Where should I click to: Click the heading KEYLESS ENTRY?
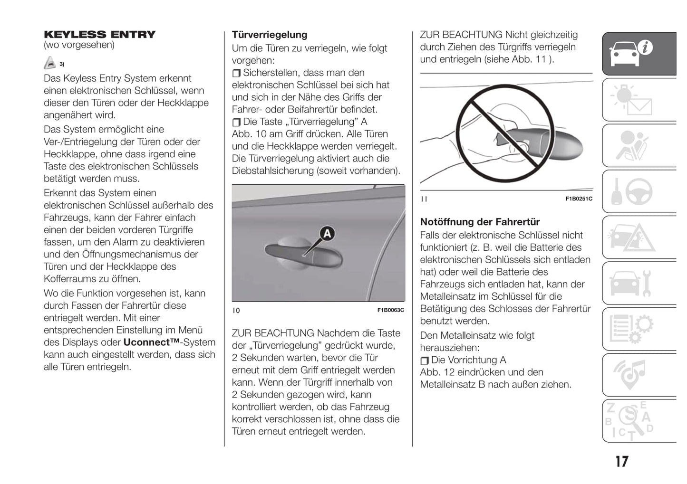(x=99, y=34)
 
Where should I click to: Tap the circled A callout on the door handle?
(x=327, y=234)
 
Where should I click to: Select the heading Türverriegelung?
(x=269, y=35)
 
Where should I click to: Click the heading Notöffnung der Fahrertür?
(x=480, y=222)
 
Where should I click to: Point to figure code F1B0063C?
(x=390, y=310)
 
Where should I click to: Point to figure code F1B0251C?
(x=579, y=199)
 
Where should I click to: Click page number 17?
(x=621, y=461)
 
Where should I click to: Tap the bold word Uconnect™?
(x=151, y=342)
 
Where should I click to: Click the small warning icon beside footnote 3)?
(x=49, y=63)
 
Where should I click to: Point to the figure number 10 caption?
(x=236, y=311)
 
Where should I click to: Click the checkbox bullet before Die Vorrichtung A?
(x=425, y=361)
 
